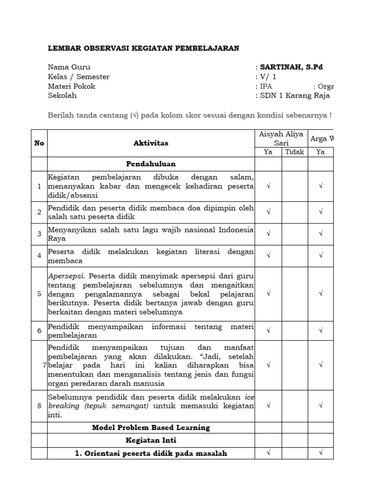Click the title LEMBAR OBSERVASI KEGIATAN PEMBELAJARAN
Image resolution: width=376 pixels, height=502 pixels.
(143, 48)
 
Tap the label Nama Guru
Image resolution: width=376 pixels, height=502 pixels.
(69, 67)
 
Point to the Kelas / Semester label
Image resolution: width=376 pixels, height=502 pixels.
(79, 77)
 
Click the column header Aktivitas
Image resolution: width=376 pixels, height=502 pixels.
(151, 143)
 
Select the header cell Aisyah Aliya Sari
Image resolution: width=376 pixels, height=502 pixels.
(282, 138)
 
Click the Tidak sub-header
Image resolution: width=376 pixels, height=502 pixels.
(295, 152)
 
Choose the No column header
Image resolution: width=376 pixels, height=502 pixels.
(39, 143)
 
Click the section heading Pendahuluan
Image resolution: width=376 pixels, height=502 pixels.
(151, 164)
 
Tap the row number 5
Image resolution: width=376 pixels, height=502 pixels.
(39, 294)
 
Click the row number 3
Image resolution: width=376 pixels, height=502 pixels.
(39, 234)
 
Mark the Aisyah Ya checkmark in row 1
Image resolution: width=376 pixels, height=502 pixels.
(268, 186)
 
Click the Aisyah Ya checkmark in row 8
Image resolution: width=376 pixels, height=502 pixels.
(268, 406)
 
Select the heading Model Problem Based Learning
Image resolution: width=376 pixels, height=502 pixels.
(151, 427)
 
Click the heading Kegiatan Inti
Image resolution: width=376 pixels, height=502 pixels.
(151, 441)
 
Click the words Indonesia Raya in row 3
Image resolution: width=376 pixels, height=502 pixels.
(236, 230)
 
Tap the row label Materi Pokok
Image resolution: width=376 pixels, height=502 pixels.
(71, 86)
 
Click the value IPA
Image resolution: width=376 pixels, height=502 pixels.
(266, 86)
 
